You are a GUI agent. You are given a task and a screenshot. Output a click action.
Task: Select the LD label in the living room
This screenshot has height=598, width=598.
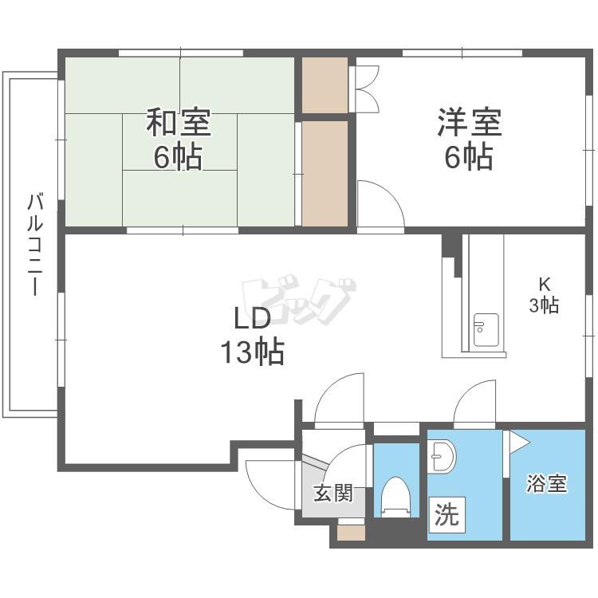tap(252, 317)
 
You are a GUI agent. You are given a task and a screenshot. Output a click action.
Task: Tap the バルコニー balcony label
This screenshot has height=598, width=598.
tap(34, 244)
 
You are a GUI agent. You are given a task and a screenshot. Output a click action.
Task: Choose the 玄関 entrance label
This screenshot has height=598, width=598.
tap(332, 494)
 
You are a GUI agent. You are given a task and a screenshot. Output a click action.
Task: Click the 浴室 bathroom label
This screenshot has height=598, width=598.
tap(547, 483)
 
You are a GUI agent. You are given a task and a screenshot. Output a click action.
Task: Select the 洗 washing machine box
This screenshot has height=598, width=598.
tap(447, 515)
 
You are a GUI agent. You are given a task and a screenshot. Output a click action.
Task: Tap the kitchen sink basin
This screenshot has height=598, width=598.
tap(486, 330)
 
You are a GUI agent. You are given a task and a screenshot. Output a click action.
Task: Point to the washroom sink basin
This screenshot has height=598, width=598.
tap(441, 458)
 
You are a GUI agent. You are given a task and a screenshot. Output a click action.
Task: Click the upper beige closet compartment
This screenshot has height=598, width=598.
tap(325, 85)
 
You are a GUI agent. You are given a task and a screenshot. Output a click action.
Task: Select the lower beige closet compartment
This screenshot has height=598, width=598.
tap(325, 172)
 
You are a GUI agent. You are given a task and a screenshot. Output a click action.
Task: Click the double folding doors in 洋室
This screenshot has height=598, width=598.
tap(368, 89)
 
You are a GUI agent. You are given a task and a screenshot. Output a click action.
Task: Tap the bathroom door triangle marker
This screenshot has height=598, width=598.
tap(518, 440)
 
